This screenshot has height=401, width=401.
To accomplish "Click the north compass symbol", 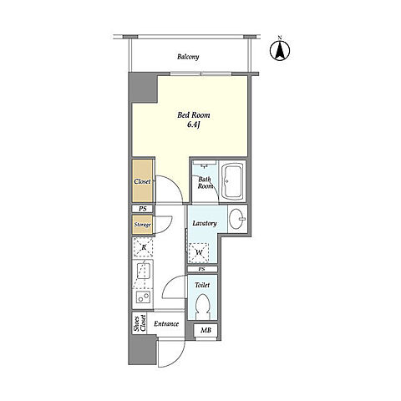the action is [x=280, y=50].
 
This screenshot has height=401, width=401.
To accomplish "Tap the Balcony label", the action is [x=188, y=57].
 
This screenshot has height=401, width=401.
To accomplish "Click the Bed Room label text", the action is [x=194, y=115].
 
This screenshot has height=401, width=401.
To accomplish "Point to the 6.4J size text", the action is [x=194, y=124].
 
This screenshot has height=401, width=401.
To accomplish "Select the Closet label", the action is [x=142, y=181].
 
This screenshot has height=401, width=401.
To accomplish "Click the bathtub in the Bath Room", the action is [x=232, y=181].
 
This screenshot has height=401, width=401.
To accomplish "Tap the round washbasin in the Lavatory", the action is [x=236, y=219].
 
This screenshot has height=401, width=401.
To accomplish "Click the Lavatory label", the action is [x=205, y=223].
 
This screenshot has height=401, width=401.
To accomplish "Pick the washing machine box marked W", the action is [x=199, y=252].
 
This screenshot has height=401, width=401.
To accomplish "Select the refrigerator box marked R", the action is [x=143, y=247].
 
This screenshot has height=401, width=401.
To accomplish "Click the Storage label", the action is [x=142, y=225].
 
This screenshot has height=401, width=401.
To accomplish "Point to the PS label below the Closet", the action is [x=143, y=209].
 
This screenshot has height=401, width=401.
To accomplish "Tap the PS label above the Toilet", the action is [x=201, y=269].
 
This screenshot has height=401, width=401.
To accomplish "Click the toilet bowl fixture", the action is [x=202, y=307].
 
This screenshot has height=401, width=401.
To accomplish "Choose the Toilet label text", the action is [x=202, y=285].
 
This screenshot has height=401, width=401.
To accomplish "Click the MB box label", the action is [x=206, y=330].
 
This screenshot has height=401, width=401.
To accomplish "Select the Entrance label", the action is [x=166, y=324].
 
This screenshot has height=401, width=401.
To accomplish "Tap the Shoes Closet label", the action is [x=140, y=323].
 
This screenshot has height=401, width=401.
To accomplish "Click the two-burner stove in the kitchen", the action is [x=144, y=297].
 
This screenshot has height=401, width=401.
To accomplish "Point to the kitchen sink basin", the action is [x=144, y=271].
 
